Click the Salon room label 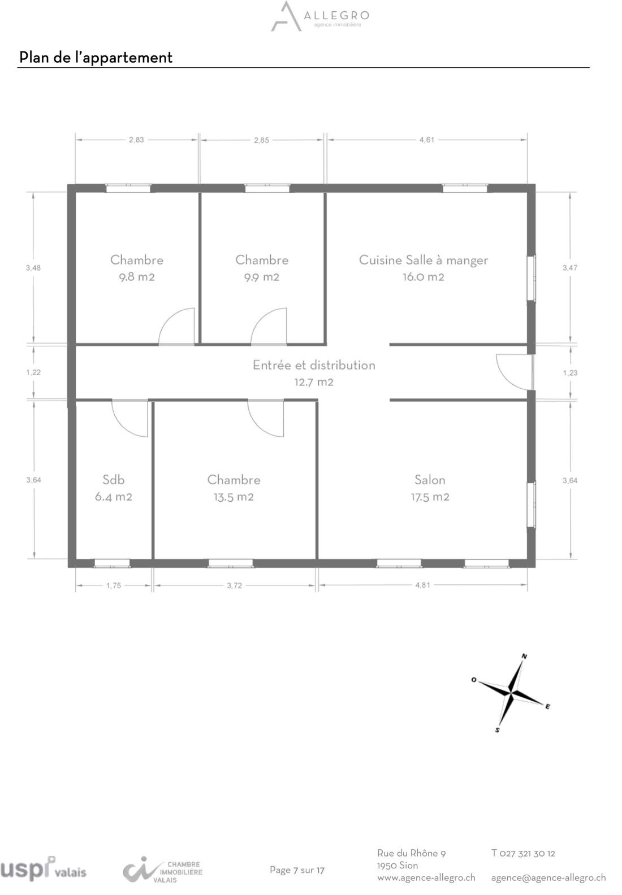[x=430, y=480]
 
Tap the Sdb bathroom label [x=114, y=480]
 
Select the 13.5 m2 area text [x=234, y=497]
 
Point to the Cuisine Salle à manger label [x=424, y=260]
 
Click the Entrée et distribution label [x=314, y=365]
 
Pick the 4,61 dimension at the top [x=426, y=140]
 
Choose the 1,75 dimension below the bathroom [x=114, y=585]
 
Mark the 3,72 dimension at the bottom [x=234, y=585]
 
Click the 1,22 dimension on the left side [x=33, y=372]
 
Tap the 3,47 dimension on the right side [x=570, y=268]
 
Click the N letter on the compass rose [x=525, y=656]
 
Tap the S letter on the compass [x=497, y=730]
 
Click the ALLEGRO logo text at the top [x=336, y=16]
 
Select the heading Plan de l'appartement [x=96, y=58]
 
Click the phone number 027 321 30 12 [x=527, y=853]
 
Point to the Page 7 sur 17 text [x=297, y=870]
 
